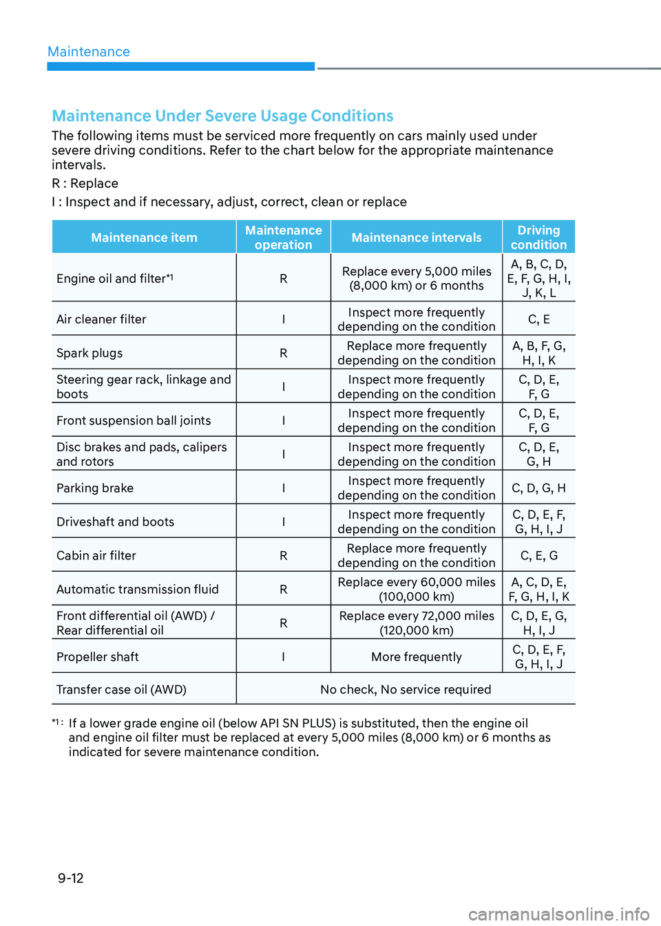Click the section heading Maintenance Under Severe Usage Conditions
coord(222,116)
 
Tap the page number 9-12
coord(71,878)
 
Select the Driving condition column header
coord(538,237)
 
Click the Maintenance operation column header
coord(283,237)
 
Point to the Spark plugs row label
coord(90,353)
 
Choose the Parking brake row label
coord(95,488)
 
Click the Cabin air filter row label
coord(96,555)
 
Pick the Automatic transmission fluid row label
coord(138,589)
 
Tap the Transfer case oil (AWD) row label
coord(121,689)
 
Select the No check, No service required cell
coord(406,689)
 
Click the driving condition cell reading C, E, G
coord(538,555)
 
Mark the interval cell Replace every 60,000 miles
coord(417,589)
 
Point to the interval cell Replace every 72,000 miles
coord(417,623)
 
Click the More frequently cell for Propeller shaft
coord(417,657)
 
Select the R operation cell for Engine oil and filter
coord(283,279)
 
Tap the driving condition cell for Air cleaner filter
coord(538,319)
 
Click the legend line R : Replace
coord(85,184)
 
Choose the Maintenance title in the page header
coord(89,52)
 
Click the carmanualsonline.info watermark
coord(558,914)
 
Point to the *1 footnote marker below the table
coord(57,722)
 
